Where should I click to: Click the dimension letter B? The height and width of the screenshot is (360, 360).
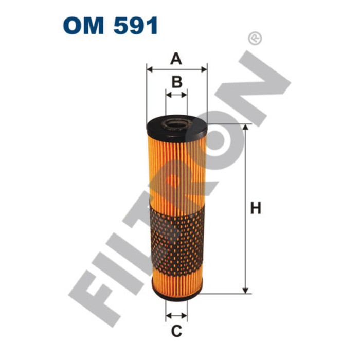pos(176,82)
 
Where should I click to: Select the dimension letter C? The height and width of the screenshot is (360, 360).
pos(176,332)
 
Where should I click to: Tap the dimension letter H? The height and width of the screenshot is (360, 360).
pos(256,208)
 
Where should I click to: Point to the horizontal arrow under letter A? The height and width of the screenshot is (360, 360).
pos(176,68)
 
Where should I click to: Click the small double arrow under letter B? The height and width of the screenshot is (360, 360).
pos(176,95)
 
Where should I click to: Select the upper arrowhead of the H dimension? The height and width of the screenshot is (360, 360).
pos(246,128)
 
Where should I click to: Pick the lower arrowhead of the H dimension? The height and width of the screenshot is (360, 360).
pos(246,290)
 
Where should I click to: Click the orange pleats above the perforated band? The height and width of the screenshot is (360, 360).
pos(176,170)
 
